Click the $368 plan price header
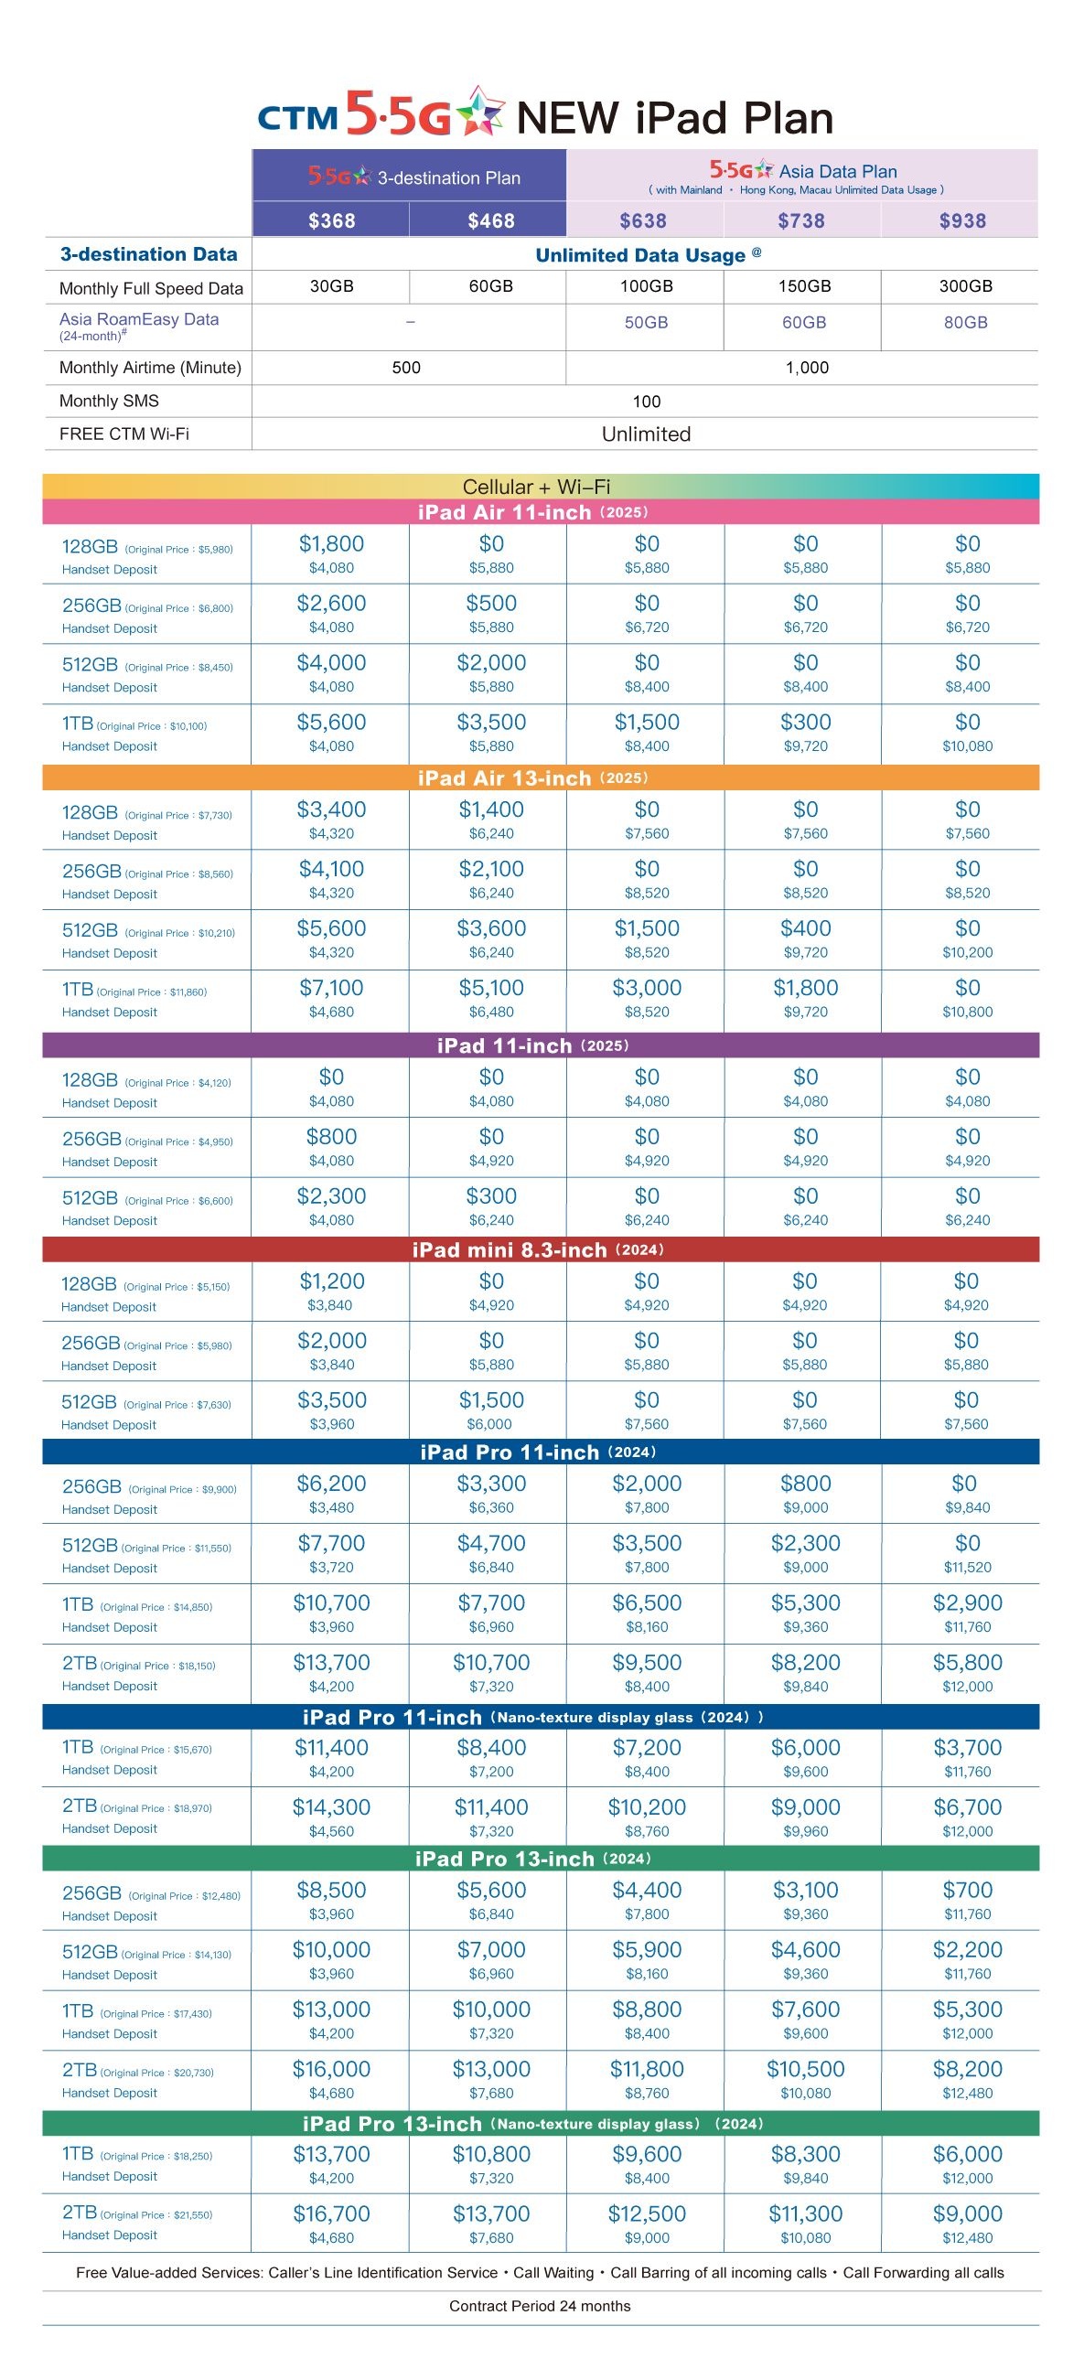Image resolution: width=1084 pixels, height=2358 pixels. point(331,220)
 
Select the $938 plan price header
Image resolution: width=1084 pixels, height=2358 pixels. point(962,220)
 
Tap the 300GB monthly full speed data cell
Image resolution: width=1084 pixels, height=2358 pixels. point(966,286)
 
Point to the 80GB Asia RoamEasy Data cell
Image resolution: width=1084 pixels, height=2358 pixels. point(966,322)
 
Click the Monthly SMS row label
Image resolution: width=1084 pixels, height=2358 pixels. point(109,401)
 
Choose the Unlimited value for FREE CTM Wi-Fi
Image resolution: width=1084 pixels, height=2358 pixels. point(647,434)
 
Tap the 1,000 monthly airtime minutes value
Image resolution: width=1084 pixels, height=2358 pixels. point(808,368)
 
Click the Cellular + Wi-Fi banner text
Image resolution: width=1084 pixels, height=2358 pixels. point(536,486)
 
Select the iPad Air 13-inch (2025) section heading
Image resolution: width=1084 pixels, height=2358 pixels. point(532,778)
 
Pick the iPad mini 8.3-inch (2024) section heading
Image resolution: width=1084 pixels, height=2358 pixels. point(538,1249)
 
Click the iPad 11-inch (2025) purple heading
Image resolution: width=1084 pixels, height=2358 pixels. point(532,1045)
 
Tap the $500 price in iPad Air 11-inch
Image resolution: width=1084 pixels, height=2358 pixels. point(491,604)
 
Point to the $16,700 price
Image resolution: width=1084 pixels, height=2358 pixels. point(331,2213)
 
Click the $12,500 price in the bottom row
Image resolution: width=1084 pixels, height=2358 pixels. point(647,2213)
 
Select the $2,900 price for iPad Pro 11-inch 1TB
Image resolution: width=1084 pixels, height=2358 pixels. point(968,1602)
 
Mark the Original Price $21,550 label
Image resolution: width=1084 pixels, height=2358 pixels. point(156,2215)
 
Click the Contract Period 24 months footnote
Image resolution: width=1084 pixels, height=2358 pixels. point(540,2306)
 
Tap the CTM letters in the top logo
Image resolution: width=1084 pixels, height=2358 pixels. point(297,118)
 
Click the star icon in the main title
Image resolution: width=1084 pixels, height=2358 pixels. point(480,111)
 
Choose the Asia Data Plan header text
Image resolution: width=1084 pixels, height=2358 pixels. point(838,171)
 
